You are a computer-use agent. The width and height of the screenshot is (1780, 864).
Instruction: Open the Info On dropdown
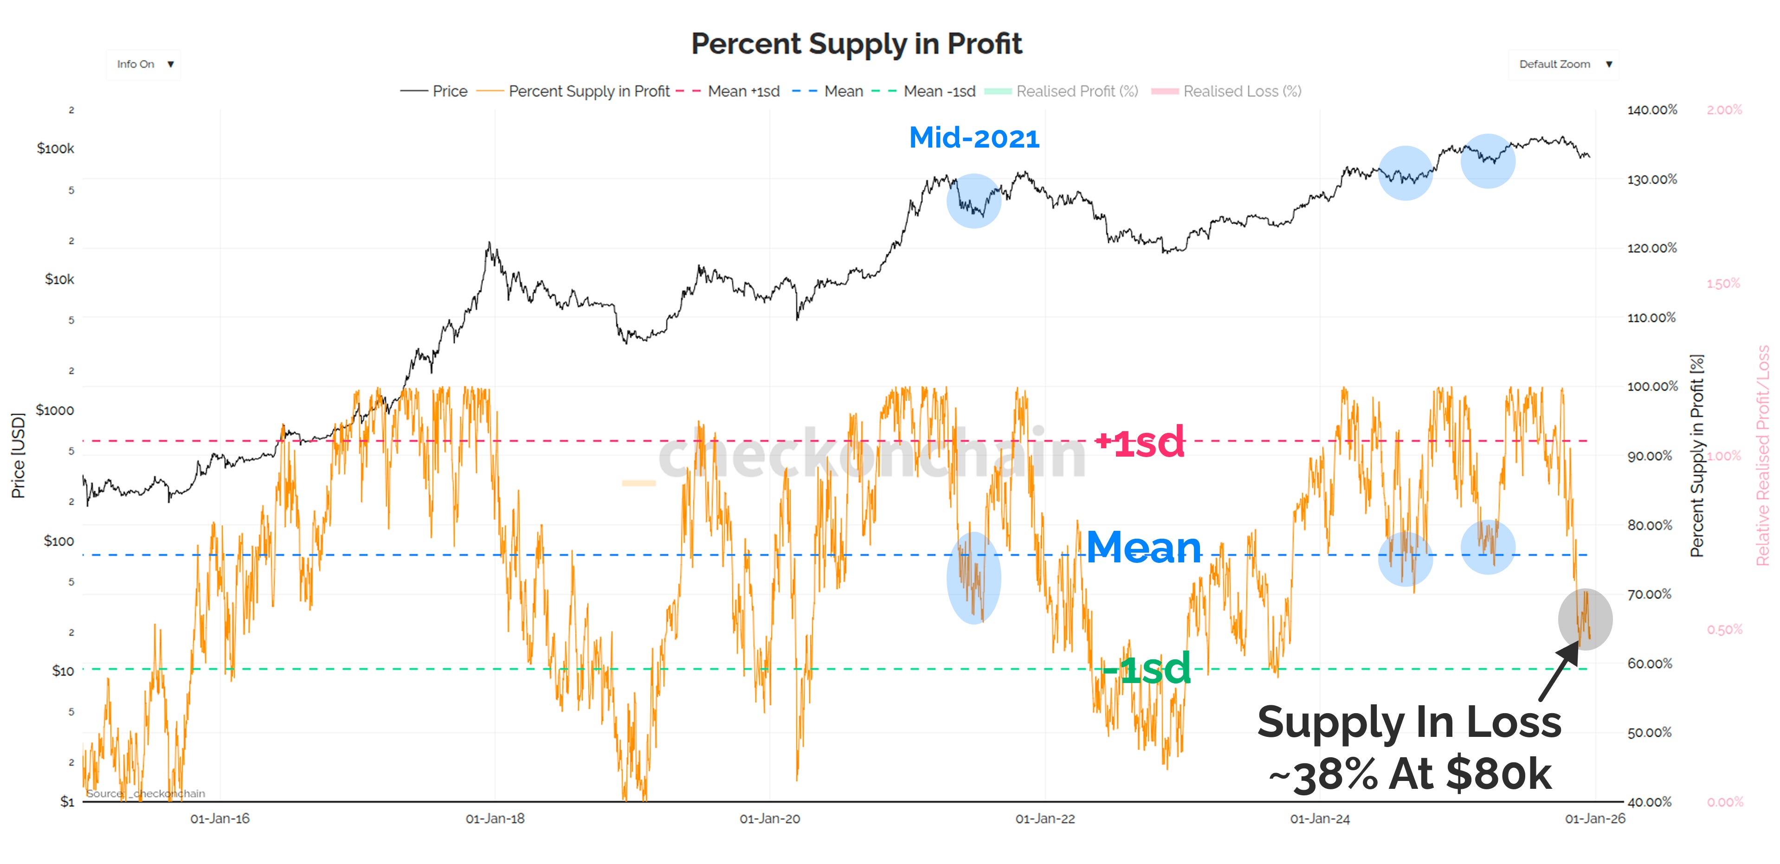click(144, 64)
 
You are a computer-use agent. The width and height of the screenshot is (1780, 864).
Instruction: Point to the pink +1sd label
click(1140, 442)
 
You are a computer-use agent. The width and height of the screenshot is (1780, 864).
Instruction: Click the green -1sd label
click(1147, 668)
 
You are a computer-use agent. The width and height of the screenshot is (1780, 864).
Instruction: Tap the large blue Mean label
click(1144, 548)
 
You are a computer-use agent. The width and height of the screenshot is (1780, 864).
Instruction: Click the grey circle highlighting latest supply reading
click(1585, 619)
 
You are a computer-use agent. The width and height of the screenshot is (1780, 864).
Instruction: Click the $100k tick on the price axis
click(55, 148)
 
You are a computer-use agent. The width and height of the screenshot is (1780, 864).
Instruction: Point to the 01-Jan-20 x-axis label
click(770, 819)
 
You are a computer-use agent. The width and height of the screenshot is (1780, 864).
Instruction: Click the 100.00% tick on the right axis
click(1651, 387)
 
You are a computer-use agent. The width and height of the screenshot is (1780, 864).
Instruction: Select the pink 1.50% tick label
click(1723, 284)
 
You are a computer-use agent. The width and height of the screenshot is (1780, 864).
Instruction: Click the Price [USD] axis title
click(18, 456)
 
